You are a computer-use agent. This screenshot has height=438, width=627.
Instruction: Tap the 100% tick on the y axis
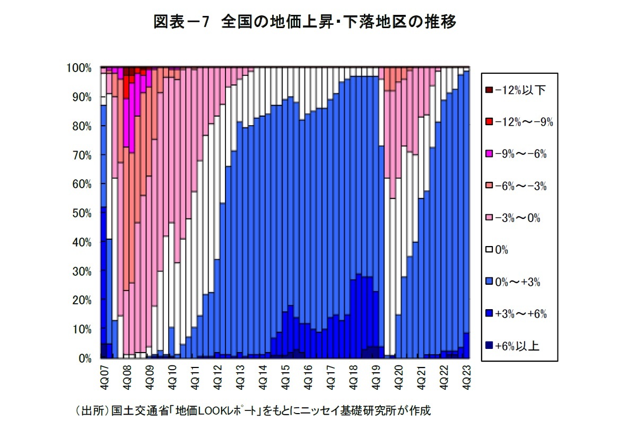[79, 68]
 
